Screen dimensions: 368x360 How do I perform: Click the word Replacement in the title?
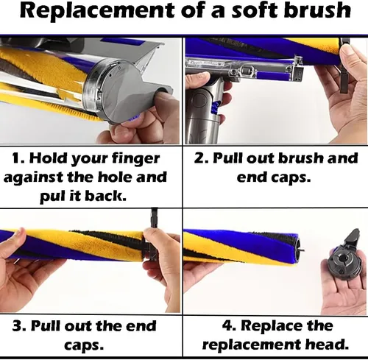pyautogui.click(x=96, y=11)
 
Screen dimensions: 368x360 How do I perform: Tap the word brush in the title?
pyautogui.click(x=317, y=10)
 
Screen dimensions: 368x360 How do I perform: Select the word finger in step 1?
pyautogui.click(x=135, y=159)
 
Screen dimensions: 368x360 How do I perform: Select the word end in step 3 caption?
pyautogui.click(x=141, y=326)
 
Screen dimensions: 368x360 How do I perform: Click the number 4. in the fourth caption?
pyautogui.click(x=229, y=326)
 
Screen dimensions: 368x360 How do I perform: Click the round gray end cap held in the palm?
pyautogui.click(x=342, y=264)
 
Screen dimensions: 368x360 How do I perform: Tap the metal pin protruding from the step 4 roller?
pyautogui.click(x=302, y=250)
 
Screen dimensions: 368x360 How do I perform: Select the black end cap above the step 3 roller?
pyautogui.click(x=154, y=221)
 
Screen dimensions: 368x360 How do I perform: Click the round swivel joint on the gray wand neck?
pyautogui.click(x=200, y=100)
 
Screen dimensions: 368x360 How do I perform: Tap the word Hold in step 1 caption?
pyautogui.click(x=48, y=158)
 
